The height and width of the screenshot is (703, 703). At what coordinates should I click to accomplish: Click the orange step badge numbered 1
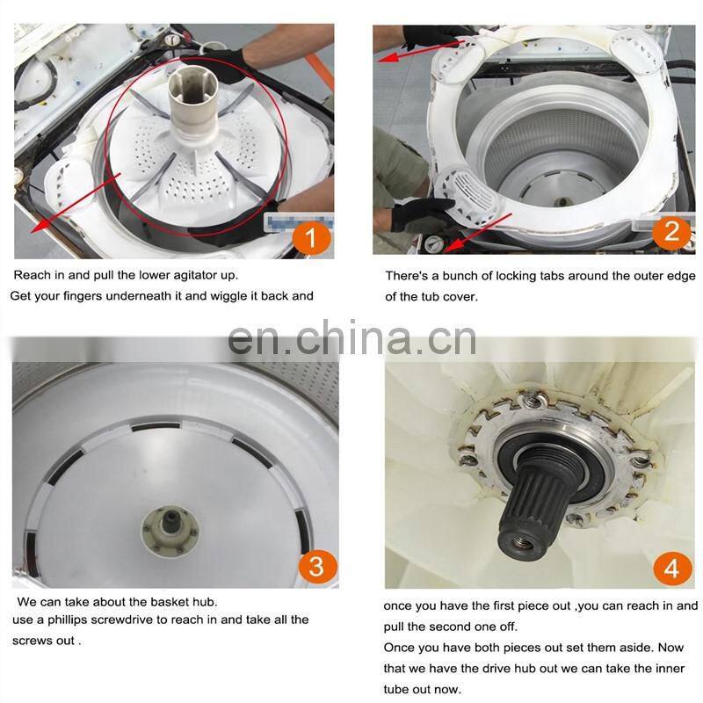pos(312,238)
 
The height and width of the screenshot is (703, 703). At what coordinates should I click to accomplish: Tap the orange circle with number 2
pos(671,232)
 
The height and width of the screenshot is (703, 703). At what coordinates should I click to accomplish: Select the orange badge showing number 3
pos(317,566)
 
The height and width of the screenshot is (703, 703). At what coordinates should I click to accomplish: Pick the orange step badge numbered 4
pos(671,569)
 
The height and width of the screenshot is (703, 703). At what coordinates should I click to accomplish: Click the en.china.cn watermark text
pos(352,338)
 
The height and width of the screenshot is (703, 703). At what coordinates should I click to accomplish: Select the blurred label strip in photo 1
pos(298,222)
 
